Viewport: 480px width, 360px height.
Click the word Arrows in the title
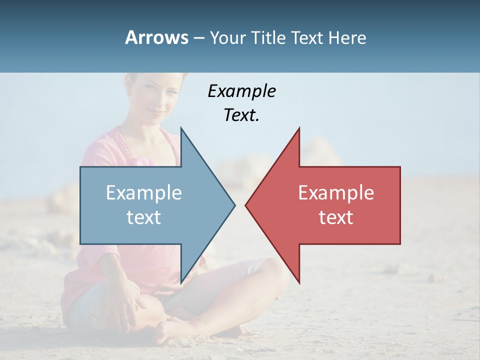(x=156, y=37)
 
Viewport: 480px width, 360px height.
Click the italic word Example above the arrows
(x=241, y=91)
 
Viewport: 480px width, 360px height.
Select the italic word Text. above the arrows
(x=241, y=115)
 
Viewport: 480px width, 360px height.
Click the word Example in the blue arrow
(x=144, y=192)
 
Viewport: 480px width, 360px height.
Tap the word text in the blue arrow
(x=144, y=217)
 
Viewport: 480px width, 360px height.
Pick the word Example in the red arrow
(x=336, y=192)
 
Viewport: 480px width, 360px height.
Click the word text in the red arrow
(x=336, y=217)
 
